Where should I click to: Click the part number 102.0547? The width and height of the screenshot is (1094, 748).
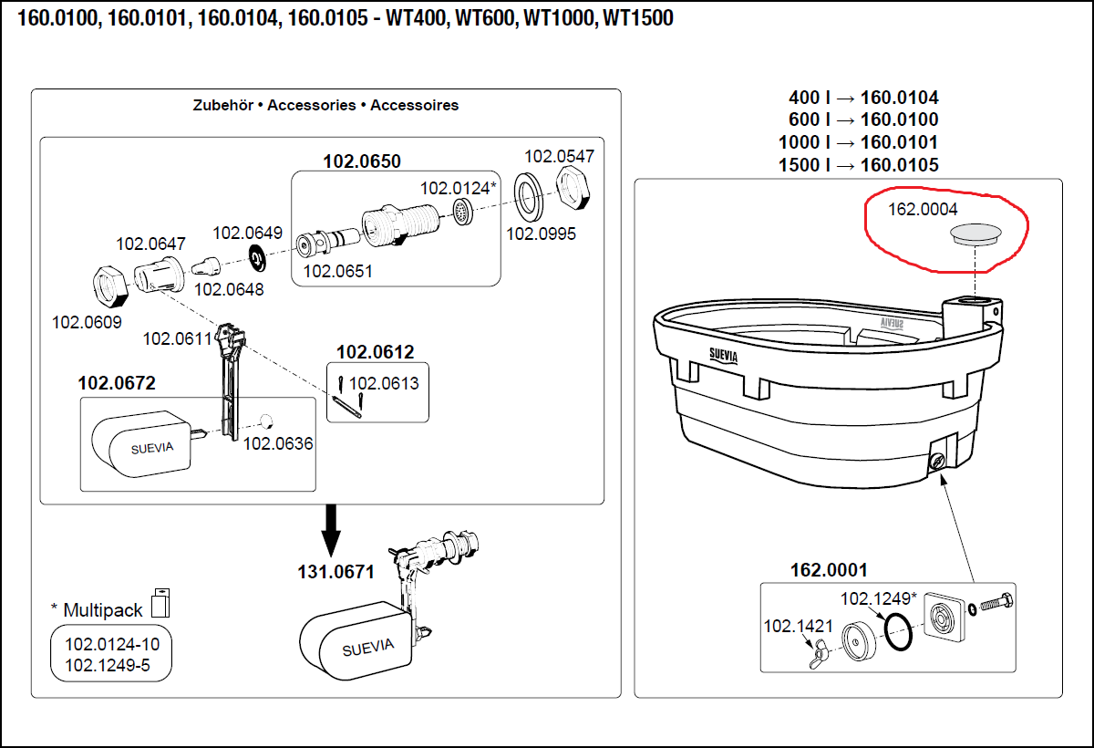pos(559,156)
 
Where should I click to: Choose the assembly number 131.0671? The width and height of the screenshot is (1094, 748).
pos(335,573)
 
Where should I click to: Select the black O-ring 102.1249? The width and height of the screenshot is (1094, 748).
pos(898,632)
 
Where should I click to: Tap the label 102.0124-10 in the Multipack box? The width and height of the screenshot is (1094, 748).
pos(111,644)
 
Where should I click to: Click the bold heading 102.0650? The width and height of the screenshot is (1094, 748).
pos(362,161)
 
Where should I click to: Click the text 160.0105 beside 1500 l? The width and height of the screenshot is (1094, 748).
pos(899,165)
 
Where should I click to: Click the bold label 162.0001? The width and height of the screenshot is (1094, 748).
pos(829,570)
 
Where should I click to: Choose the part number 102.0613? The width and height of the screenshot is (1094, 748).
pos(384,383)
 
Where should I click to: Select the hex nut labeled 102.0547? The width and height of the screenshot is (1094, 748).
pos(575,189)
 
